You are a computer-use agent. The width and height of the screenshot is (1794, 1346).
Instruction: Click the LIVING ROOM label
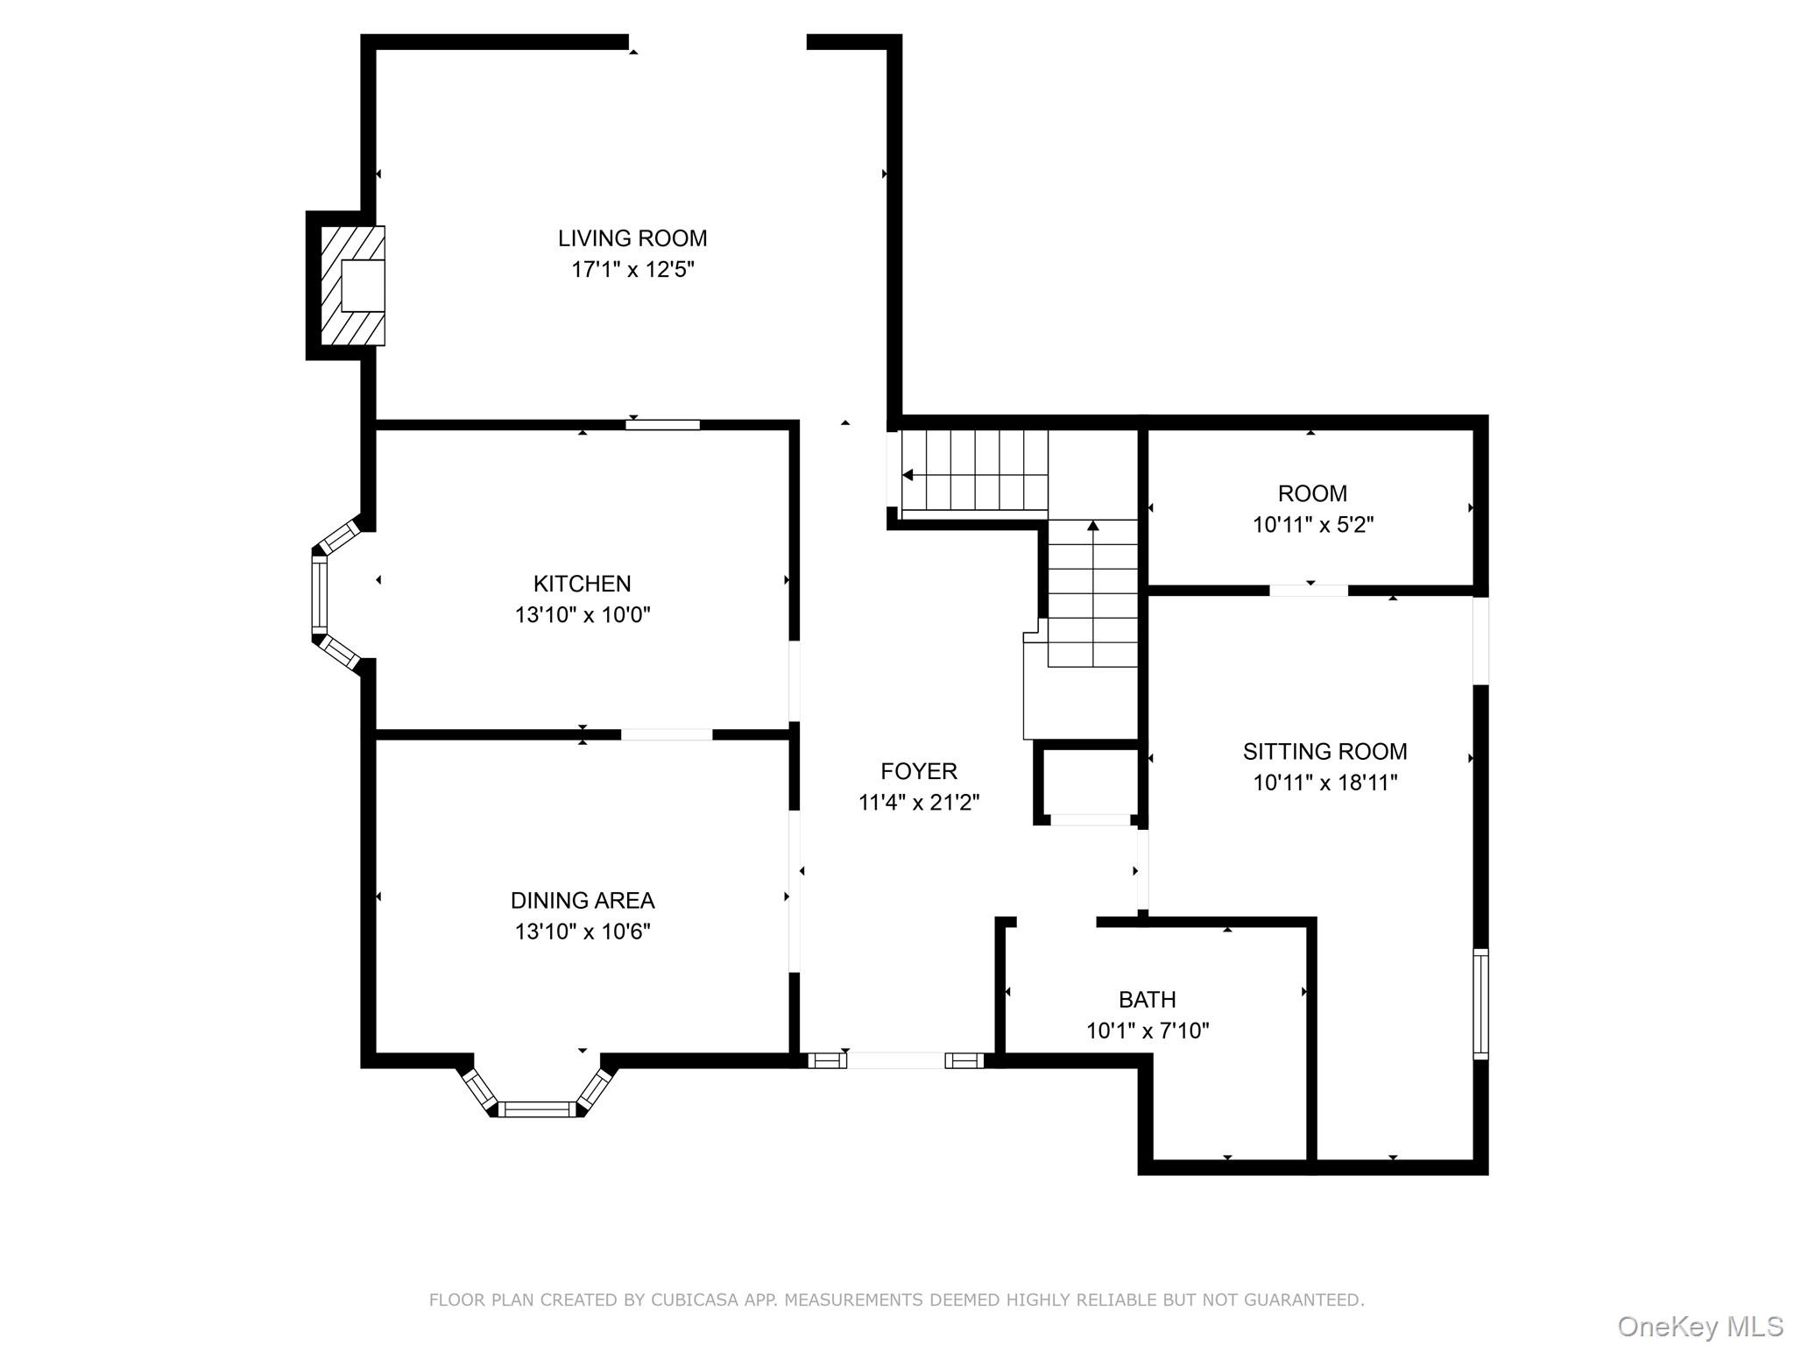[x=632, y=238]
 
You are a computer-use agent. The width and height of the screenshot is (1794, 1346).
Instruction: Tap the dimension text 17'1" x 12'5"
[x=632, y=270]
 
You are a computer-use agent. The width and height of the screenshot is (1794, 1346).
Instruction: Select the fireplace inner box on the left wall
[x=363, y=286]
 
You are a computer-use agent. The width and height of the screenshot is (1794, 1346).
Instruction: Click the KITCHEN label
[x=582, y=584]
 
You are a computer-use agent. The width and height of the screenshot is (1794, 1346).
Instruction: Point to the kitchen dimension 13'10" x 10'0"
[x=582, y=615]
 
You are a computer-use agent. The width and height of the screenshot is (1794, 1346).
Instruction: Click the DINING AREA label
[x=583, y=901]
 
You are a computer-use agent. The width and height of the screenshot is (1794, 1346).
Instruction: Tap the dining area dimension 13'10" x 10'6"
[x=583, y=932]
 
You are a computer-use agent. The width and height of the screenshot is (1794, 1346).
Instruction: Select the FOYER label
[x=919, y=771]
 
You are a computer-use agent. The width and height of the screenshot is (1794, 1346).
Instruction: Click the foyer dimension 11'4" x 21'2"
[x=919, y=803]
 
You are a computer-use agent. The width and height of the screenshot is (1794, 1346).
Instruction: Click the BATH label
[x=1147, y=1000]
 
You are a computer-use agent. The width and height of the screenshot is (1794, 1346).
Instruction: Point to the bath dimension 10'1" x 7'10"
[x=1148, y=1031]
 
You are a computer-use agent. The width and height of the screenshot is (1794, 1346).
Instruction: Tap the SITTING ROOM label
[x=1324, y=752]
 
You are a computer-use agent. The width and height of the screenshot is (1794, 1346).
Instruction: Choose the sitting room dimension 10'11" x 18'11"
[x=1324, y=783]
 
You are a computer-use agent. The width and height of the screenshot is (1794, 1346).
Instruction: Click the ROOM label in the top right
[x=1312, y=494]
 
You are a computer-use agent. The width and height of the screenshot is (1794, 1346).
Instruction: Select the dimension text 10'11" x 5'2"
[x=1312, y=526]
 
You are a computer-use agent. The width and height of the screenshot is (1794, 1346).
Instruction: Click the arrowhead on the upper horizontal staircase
[x=908, y=475]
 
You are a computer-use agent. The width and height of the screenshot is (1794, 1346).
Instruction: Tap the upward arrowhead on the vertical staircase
[x=1092, y=526]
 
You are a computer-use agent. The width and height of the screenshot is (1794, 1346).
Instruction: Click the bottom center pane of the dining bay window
[x=537, y=1109]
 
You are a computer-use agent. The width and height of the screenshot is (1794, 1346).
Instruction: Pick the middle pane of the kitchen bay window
[x=320, y=596]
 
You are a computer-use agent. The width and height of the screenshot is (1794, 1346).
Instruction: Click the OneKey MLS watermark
[x=1699, y=1327]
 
